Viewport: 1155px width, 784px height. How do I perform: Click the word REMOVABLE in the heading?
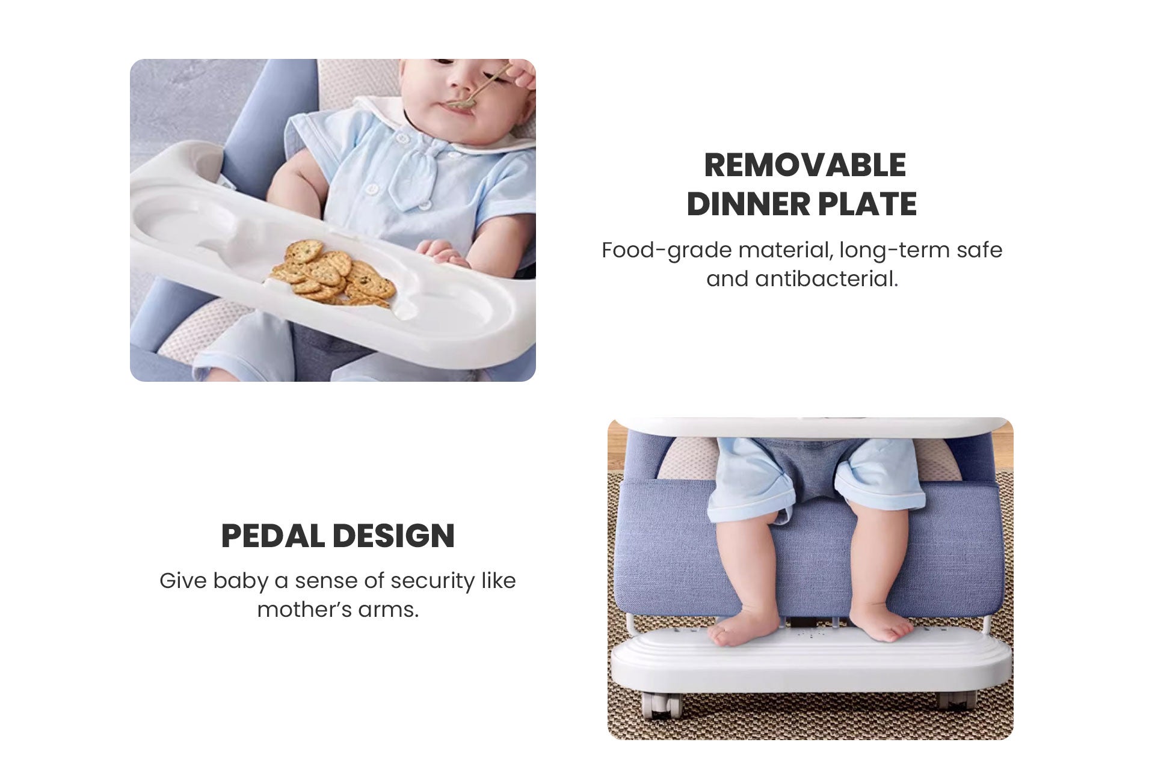click(x=805, y=165)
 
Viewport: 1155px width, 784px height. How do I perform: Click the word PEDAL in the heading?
click(x=273, y=536)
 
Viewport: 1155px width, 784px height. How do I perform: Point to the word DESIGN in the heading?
click(x=394, y=536)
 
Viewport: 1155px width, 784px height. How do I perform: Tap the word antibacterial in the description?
click(x=827, y=279)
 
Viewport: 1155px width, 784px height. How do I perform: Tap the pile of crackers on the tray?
click(x=333, y=273)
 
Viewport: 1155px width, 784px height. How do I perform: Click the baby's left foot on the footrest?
click(x=744, y=627)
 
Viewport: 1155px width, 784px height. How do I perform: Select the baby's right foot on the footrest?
click(x=882, y=625)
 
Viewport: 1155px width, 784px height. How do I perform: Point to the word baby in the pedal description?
click(x=241, y=581)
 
